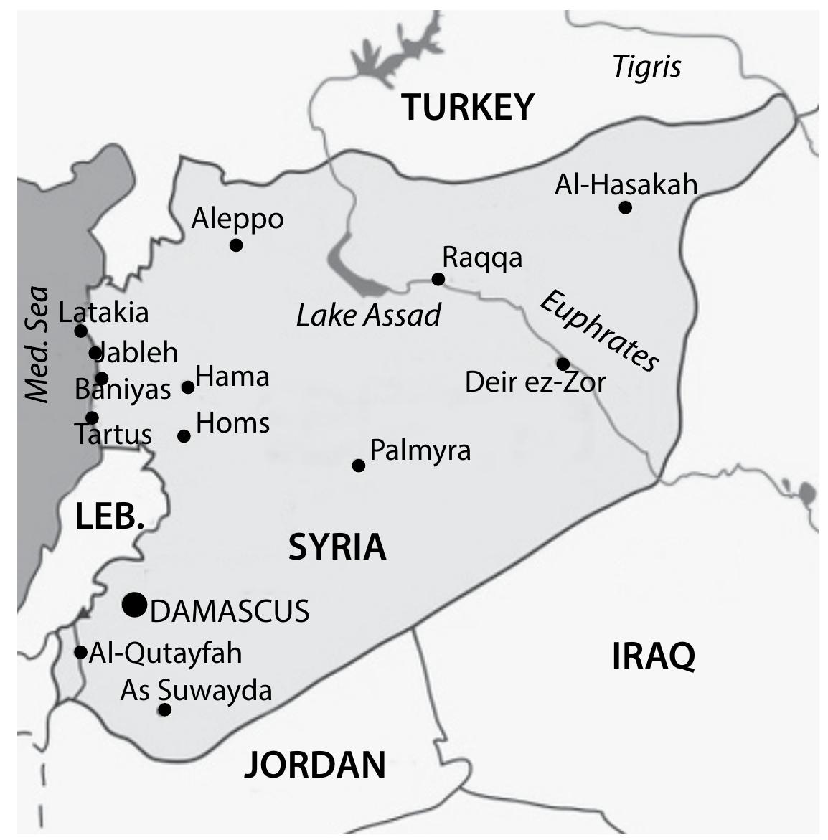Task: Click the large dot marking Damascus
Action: tap(134, 605)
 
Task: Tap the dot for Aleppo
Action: tap(236, 245)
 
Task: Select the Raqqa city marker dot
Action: tap(438, 279)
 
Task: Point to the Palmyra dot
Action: tap(359, 466)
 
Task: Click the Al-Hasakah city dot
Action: tap(625, 207)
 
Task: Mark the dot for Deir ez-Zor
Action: tap(563, 364)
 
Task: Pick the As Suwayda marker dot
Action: tap(164, 709)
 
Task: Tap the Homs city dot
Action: tap(184, 435)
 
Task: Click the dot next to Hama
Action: tap(188, 387)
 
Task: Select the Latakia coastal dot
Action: tap(80, 331)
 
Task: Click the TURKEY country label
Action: tap(468, 107)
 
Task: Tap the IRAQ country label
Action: tap(653, 656)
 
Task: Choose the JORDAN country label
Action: tap(315, 765)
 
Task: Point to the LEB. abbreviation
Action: tap(109, 516)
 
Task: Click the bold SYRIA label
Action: tap(337, 547)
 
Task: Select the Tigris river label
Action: tap(646, 67)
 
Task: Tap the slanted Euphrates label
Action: tap(598, 331)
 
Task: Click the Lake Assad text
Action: tap(368, 315)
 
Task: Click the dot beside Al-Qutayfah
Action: tap(81, 652)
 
